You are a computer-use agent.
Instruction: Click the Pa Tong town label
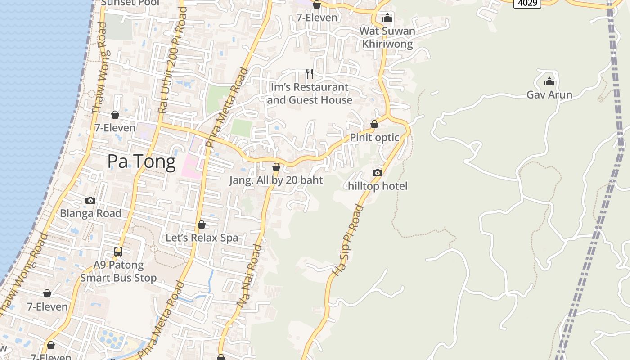[x=141, y=161]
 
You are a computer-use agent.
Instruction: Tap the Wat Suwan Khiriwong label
[x=387, y=37]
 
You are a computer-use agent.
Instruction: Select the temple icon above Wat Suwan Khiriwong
[x=387, y=18]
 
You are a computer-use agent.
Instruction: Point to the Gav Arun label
[x=549, y=94]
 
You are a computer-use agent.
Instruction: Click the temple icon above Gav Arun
[x=549, y=82]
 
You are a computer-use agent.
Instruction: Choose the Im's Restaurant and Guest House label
[x=310, y=94]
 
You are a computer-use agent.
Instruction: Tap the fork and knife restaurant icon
[x=310, y=73]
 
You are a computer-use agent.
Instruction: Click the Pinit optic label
[x=374, y=137]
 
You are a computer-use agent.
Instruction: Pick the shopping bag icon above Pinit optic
[x=374, y=124]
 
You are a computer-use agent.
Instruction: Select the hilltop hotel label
[x=378, y=186]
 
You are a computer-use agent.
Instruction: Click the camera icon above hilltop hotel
[x=378, y=173]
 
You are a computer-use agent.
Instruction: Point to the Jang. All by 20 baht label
[x=276, y=180]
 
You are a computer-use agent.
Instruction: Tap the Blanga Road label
[x=90, y=213]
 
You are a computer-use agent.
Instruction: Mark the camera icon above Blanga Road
[x=90, y=200]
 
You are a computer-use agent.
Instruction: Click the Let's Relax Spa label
[x=202, y=238]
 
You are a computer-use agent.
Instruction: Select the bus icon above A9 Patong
[x=118, y=252]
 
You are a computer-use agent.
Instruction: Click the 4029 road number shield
[x=527, y=4]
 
